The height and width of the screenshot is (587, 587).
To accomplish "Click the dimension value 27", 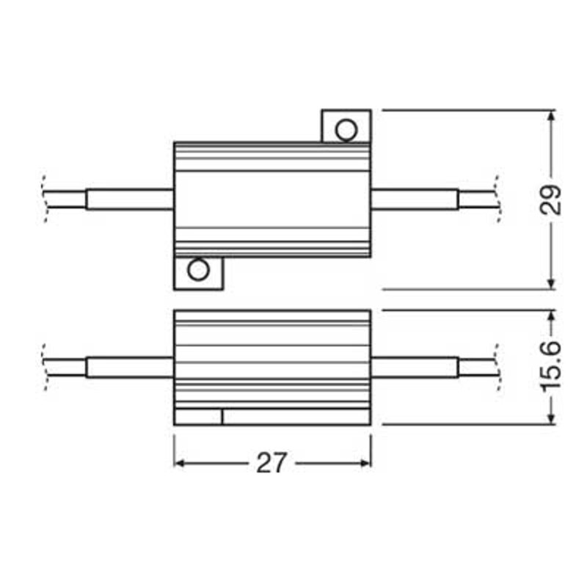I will [271, 464].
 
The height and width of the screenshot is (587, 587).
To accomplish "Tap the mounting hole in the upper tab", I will [346, 130].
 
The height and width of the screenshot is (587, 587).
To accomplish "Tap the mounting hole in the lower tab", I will [198, 270].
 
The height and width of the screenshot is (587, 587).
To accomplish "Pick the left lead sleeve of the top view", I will [130, 200].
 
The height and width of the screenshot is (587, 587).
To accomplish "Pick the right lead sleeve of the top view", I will [415, 200].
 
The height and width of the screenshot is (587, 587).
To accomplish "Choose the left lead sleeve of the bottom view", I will [130, 367].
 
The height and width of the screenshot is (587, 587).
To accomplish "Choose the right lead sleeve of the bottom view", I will [415, 367].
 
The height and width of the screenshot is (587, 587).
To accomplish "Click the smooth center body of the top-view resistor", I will [272, 198].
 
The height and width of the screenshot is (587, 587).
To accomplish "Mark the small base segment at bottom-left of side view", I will [198, 417].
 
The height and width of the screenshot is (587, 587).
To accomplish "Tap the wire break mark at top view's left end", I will [46, 198].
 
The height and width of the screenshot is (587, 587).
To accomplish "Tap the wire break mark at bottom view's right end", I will [497, 367].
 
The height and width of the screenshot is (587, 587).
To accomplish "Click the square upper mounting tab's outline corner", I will [370, 111].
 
